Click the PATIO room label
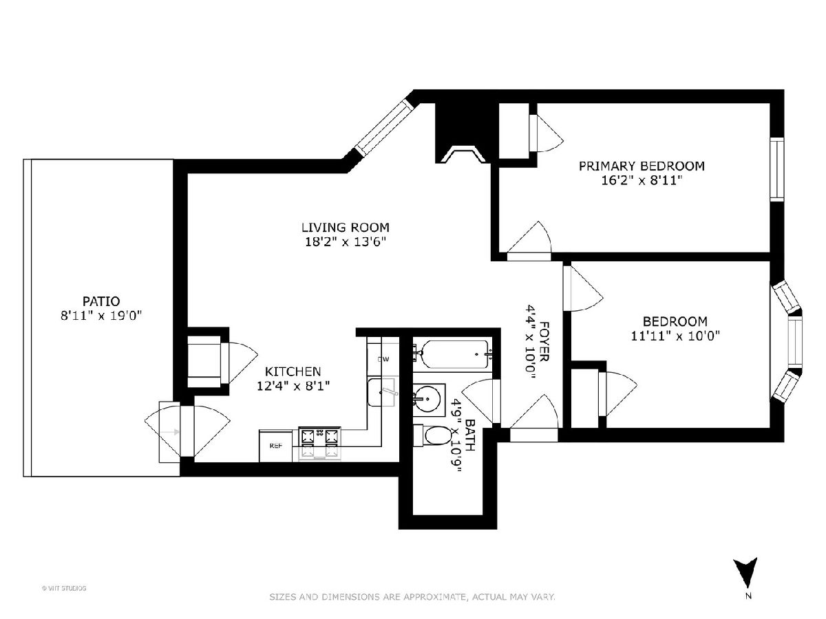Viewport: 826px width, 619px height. coord(101,301)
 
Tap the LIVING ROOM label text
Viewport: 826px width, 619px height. coord(345,228)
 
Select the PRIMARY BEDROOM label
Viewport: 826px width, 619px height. coord(642,166)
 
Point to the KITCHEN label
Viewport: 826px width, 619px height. coord(293,371)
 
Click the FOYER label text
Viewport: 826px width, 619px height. coord(544,341)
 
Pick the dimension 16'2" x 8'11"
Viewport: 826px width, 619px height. coord(642,181)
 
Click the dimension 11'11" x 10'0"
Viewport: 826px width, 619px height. coord(675,336)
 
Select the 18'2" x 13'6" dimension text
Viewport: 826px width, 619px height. coord(345,242)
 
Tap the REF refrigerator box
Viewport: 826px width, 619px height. coord(276,446)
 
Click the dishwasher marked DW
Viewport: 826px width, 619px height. coord(383,359)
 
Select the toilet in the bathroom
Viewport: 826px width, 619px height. coord(432,435)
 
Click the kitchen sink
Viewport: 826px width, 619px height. coord(381,392)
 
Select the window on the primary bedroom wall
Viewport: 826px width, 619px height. coord(776,169)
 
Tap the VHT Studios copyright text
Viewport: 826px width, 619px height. coord(64,588)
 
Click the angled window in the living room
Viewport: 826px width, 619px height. coord(385,127)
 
